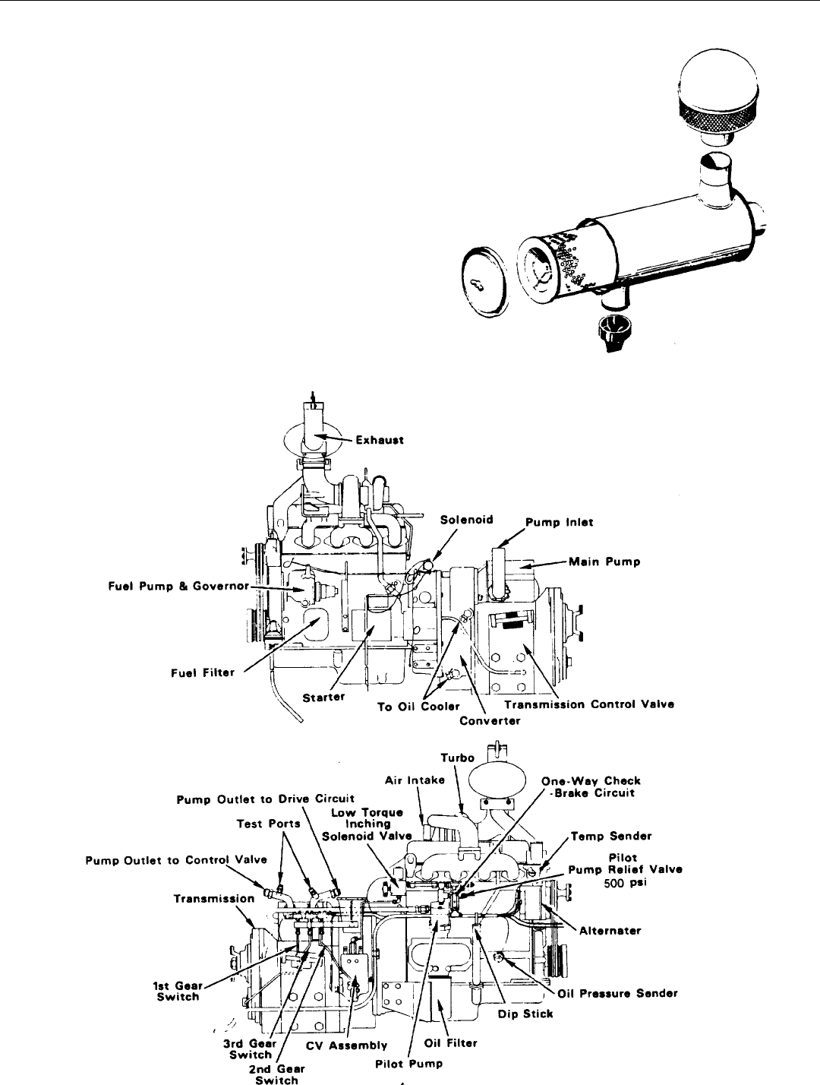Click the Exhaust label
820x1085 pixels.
pyautogui.click(x=380, y=440)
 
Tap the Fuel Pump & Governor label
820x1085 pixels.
pyautogui.click(x=179, y=587)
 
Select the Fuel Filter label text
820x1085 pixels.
pyautogui.click(x=203, y=672)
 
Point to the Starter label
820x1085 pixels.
pyautogui.click(x=323, y=697)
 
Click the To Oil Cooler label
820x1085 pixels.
pyautogui.click(x=418, y=707)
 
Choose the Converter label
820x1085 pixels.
pyautogui.click(x=490, y=721)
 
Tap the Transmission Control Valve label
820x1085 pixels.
pyautogui.click(x=589, y=704)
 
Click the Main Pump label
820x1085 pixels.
pyautogui.click(x=604, y=561)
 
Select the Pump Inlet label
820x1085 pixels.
pyautogui.click(x=559, y=522)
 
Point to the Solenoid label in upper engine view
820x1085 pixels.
pyautogui.click(x=466, y=520)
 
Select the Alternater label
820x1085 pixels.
pyautogui.click(x=610, y=930)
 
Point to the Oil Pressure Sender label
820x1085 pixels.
pyautogui.click(x=617, y=993)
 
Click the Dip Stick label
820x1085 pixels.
pyautogui.click(x=525, y=1014)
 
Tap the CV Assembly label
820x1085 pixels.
pyautogui.click(x=346, y=1045)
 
